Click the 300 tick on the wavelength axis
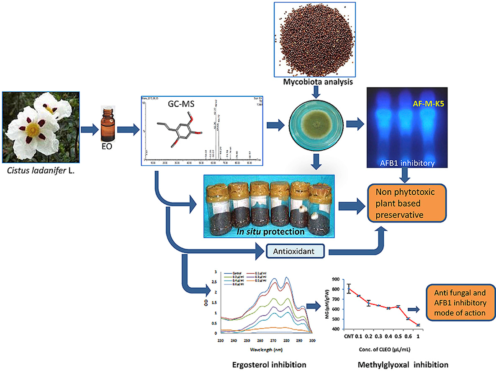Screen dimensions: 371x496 tap(311, 341)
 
